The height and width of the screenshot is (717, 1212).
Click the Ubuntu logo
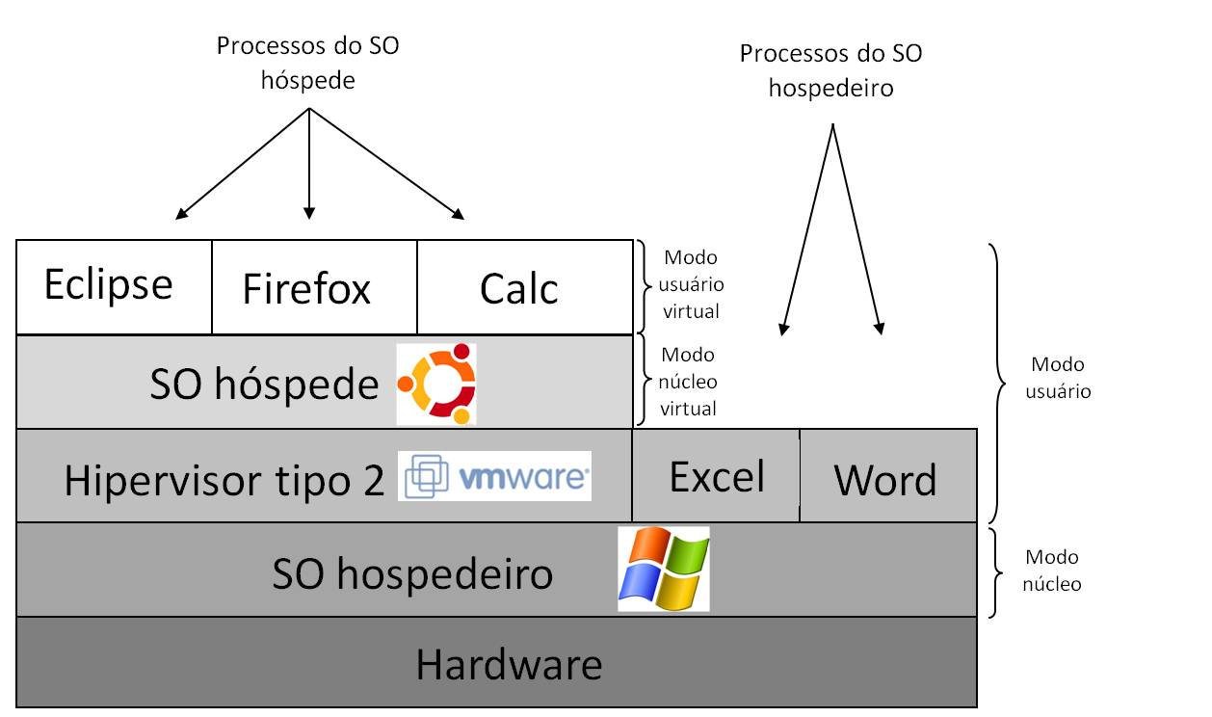(436, 384)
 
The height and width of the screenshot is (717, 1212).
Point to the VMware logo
(494, 476)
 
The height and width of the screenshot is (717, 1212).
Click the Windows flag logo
(663, 569)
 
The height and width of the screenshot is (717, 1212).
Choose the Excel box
(717, 476)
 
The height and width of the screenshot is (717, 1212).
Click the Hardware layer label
(509, 664)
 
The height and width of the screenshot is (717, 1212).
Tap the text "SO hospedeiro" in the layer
(412, 574)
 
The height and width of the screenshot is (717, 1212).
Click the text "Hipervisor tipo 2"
(224, 480)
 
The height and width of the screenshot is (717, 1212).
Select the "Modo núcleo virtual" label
(688, 381)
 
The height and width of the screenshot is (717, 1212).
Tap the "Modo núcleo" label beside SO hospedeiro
(1052, 571)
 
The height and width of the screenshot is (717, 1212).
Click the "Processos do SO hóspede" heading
(308, 64)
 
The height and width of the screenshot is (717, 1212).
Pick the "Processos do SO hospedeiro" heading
(830, 70)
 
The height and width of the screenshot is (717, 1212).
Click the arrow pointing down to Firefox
(308, 164)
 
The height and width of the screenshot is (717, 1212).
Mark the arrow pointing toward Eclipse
(241, 164)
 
